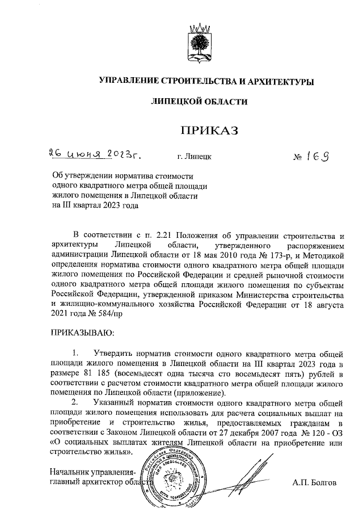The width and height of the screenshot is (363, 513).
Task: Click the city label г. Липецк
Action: pos(195,157)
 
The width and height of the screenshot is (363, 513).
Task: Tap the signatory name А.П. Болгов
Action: pos(315,483)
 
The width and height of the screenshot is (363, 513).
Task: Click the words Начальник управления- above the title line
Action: pos(92,473)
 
